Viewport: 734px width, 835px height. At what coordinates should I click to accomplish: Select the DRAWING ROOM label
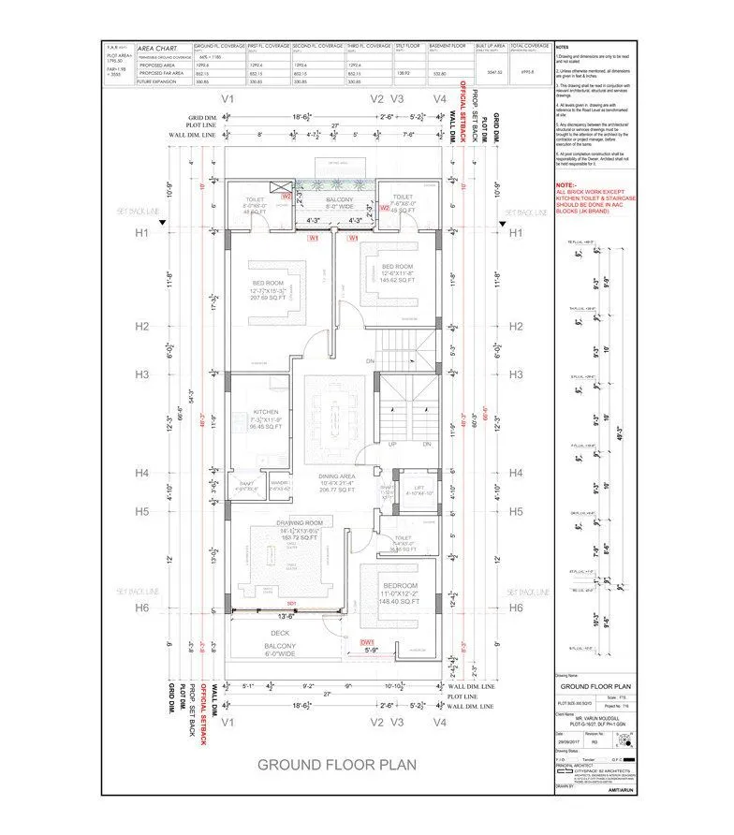click(x=300, y=521)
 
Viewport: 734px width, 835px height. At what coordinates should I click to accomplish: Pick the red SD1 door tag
click(x=292, y=604)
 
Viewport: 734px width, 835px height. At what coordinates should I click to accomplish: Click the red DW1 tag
click(x=368, y=640)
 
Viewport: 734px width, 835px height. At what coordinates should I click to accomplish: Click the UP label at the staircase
click(x=392, y=445)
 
